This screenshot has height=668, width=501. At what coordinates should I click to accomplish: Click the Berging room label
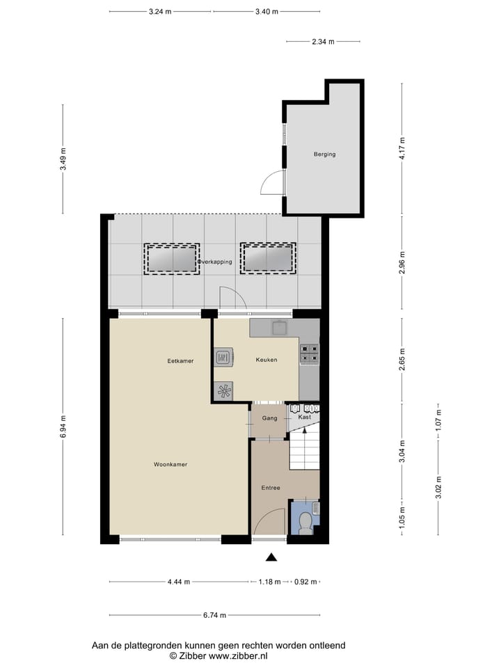point(324,154)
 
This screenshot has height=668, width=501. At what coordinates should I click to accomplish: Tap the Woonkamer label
point(170,464)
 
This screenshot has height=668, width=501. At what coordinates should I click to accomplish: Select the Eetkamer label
point(180,361)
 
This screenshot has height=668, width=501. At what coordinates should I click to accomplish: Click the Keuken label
point(267,360)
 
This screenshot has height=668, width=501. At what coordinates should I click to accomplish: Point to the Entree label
point(271,488)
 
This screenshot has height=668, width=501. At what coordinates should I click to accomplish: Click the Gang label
point(270,418)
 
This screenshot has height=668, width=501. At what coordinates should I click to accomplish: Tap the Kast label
point(304,417)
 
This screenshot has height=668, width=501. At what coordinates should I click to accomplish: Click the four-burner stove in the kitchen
point(309,354)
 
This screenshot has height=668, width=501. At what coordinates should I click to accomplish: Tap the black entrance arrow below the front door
point(271,557)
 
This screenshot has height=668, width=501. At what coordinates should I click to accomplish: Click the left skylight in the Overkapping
point(172,259)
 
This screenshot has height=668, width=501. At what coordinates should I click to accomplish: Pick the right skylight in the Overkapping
point(268,259)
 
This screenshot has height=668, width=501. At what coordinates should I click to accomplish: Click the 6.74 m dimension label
point(214,615)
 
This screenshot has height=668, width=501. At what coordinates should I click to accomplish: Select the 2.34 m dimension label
point(323,42)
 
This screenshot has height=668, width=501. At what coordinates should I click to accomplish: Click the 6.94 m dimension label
point(63,427)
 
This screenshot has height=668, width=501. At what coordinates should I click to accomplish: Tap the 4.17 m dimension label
point(401,149)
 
